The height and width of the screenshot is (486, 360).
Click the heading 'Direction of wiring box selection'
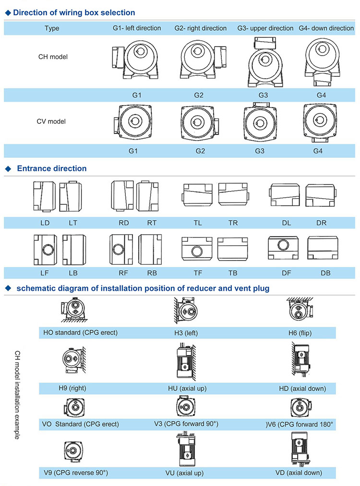(x=74, y=13)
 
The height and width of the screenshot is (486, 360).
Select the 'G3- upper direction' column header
(x=265, y=28)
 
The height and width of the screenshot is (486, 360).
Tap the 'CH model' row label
(x=53, y=57)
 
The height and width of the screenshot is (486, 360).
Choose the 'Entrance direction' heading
(x=52, y=168)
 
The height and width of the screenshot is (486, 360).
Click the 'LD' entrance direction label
(x=45, y=223)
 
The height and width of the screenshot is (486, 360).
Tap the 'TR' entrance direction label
(x=233, y=223)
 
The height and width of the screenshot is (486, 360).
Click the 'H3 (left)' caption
(x=188, y=332)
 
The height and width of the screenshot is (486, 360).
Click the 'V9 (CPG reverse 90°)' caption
(x=75, y=473)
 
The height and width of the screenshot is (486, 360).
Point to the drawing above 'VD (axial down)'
(x=302, y=449)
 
